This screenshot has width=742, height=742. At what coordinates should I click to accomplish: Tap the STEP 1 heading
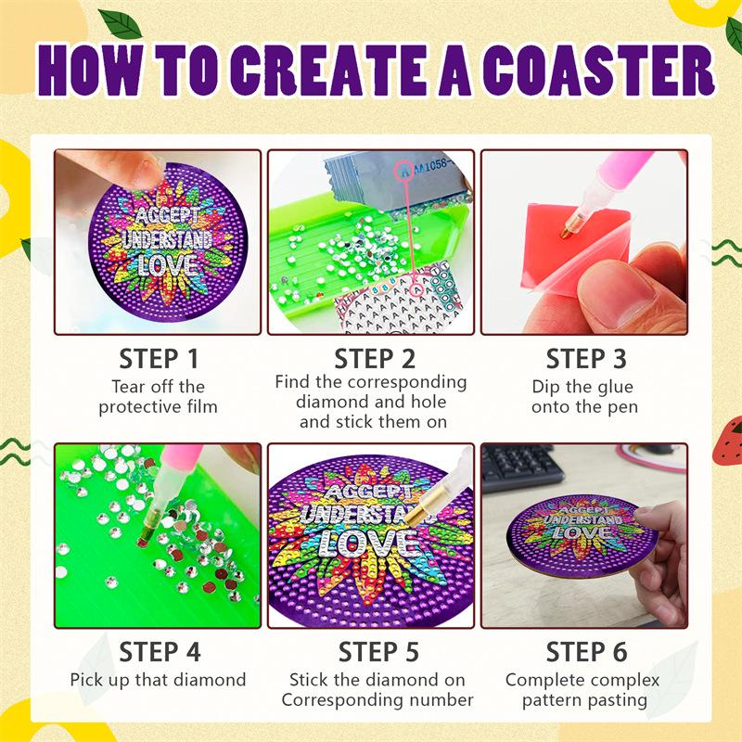point(159,358)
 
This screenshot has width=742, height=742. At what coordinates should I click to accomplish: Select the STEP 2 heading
point(375,358)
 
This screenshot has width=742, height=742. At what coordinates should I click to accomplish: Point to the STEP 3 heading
point(586,358)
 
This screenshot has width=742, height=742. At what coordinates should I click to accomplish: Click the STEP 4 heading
point(160,652)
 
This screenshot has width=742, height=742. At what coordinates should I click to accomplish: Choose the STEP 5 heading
point(378,652)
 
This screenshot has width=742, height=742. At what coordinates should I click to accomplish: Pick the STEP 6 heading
point(587,652)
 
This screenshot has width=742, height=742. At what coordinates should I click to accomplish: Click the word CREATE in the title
point(326,70)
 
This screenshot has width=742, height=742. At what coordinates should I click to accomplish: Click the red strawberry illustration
point(728,439)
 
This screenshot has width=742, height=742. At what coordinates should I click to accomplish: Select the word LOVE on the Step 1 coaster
point(169,265)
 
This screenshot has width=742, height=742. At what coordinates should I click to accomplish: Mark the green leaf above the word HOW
point(121,24)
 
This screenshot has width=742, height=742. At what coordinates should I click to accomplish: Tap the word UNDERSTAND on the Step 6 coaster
point(582,520)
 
